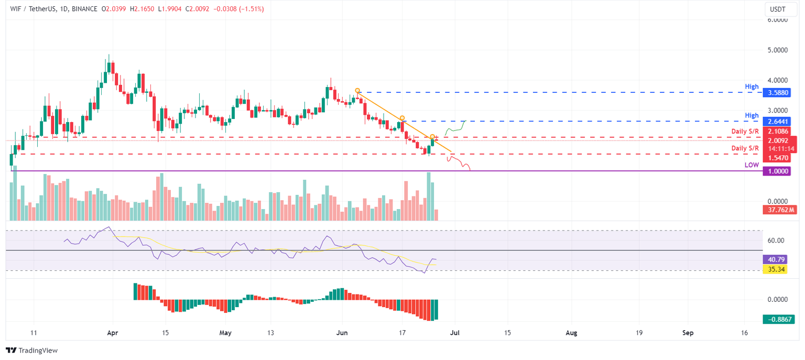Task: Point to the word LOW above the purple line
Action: (752, 165)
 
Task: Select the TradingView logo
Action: (31, 350)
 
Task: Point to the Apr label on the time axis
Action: (111, 333)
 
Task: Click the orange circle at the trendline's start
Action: (357, 91)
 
